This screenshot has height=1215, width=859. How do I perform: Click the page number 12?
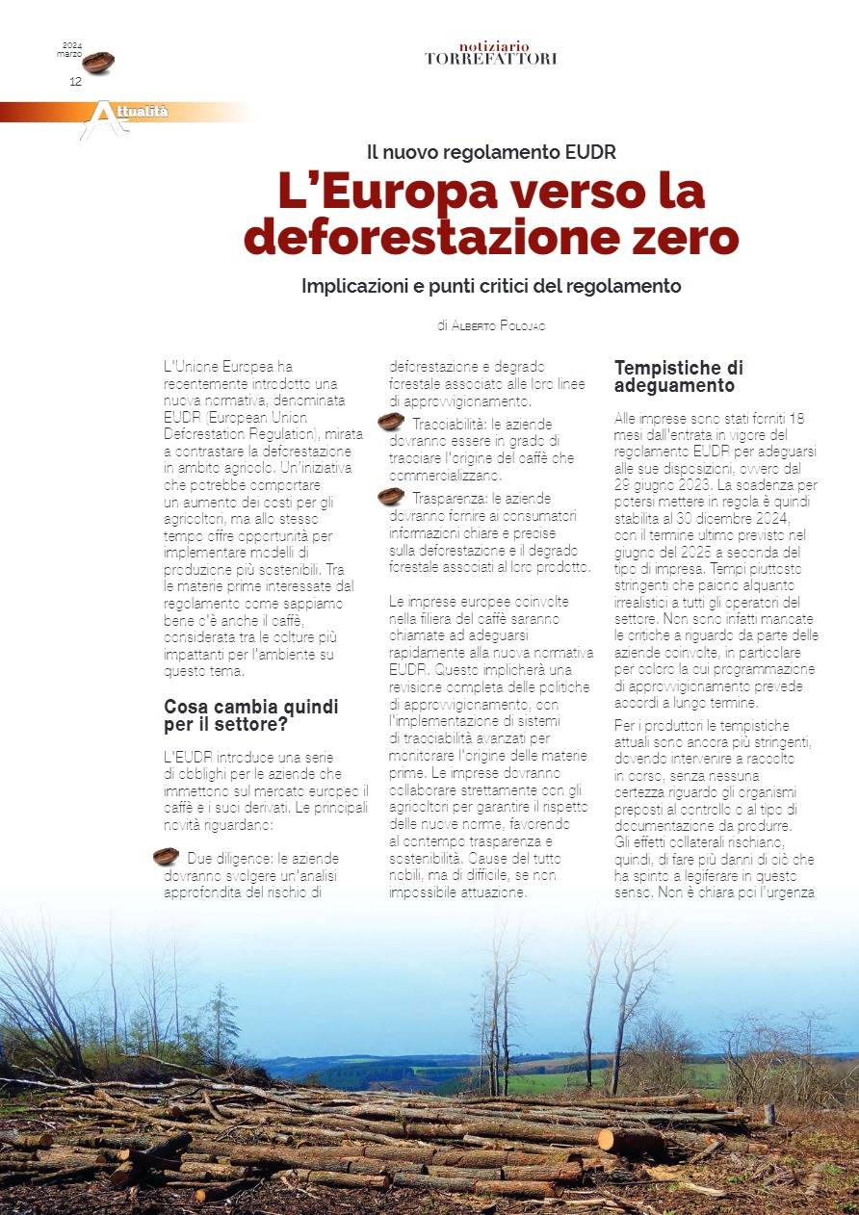coord(75,82)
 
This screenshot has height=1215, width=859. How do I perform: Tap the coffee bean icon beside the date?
coord(98,63)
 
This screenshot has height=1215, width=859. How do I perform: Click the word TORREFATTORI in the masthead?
coord(490,59)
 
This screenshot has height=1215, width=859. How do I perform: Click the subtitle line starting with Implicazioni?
coord(491,286)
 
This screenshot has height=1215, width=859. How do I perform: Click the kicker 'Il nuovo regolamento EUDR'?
coord(491,151)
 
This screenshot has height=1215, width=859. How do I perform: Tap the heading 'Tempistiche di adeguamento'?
coord(678,376)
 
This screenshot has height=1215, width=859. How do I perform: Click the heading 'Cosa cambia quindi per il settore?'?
coord(250,715)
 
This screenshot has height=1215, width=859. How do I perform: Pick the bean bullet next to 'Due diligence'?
coord(166,856)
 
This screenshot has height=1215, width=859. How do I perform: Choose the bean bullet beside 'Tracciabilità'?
coord(390,421)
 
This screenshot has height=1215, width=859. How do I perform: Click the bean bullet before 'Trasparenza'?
coord(390,496)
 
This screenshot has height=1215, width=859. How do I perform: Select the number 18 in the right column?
coord(795,419)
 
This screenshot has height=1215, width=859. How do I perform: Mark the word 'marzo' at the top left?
coord(69,54)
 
